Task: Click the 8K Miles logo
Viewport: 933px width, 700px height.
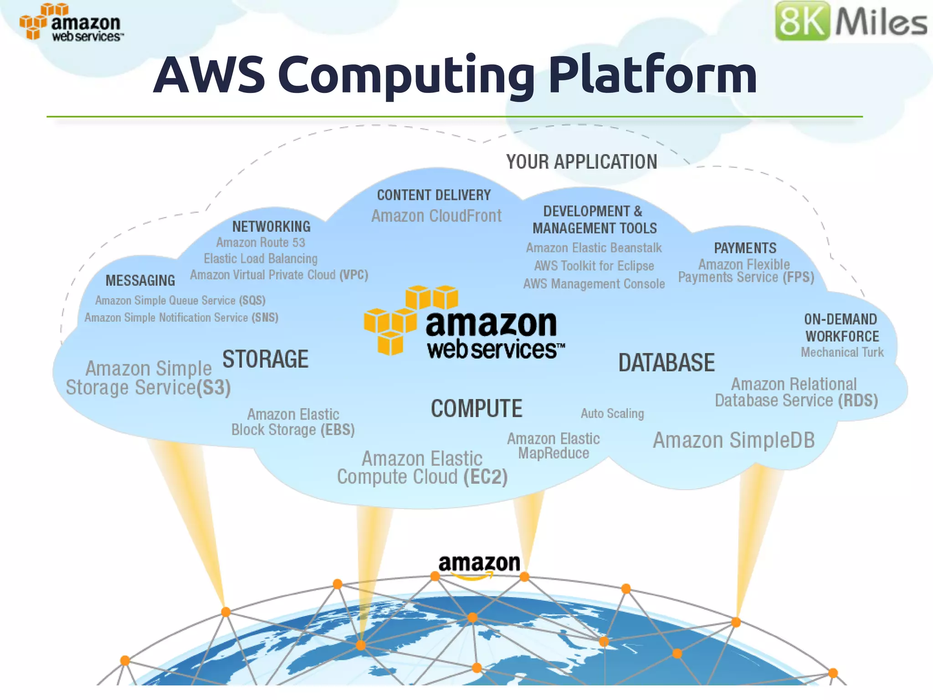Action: click(851, 21)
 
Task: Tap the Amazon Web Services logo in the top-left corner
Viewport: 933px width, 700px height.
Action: click(71, 23)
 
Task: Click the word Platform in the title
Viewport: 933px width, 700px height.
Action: click(652, 75)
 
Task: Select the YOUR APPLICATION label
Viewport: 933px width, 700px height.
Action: click(581, 162)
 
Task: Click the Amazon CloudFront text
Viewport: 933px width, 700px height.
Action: click(436, 216)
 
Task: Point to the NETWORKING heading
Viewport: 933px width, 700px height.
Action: click(271, 226)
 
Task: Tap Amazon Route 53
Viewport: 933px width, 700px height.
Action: click(261, 242)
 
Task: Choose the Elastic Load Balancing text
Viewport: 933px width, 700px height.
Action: click(261, 259)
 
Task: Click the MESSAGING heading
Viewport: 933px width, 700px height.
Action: click(140, 281)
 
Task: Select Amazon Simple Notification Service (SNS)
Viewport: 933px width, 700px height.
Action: click(181, 318)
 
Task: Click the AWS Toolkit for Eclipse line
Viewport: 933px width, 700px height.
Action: click(594, 266)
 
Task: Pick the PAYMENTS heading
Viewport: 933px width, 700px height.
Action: click(745, 248)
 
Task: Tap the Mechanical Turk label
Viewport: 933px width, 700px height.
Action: click(842, 352)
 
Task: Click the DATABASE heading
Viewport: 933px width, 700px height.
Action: click(666, 363)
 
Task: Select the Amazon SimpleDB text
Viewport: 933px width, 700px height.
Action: click(733, 441)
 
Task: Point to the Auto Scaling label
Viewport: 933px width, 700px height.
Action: click(612, 414)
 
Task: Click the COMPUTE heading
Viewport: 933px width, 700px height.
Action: click(477, 409)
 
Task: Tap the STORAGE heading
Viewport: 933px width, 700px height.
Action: click(265, 359)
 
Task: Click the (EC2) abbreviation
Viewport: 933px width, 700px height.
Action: click(485, 477)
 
